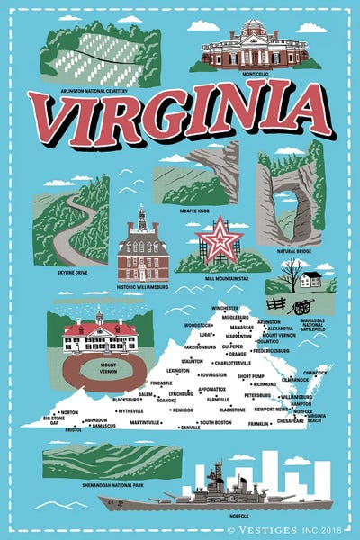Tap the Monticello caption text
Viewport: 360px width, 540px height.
tap(255, 74)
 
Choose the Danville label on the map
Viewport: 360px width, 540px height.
tap(191, 427)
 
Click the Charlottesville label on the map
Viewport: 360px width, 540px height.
tap(234, 363)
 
